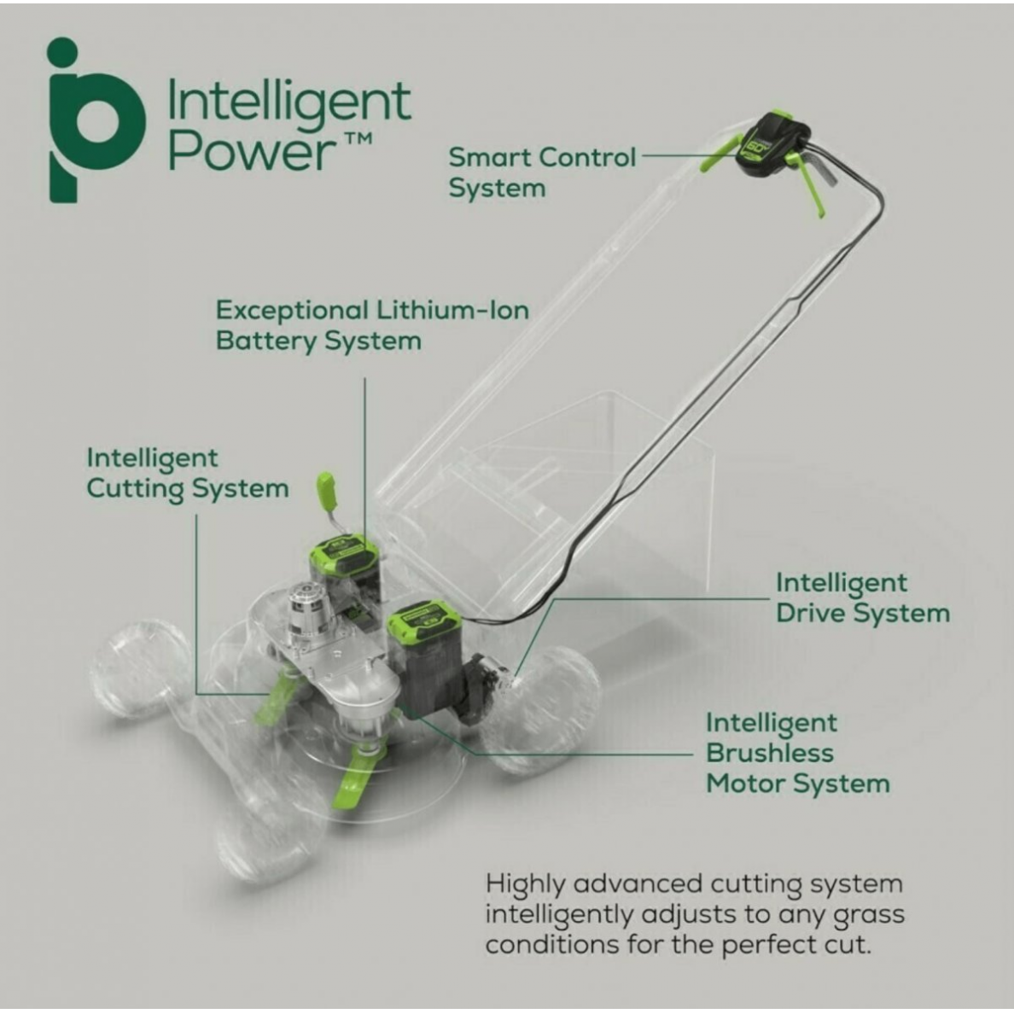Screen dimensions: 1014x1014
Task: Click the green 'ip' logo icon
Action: [x=96, y=120]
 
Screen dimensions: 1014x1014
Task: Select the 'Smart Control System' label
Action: [x=542, y=172]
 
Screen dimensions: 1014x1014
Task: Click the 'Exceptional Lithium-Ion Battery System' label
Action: [x=372, y=325]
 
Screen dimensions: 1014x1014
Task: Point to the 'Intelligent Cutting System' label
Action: [x=188, y=474]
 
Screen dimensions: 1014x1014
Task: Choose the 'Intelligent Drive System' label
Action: [x=863, y=598]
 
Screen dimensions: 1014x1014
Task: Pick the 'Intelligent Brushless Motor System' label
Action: [x=798, y=754]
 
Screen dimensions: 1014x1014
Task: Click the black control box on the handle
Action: [x=771, y=144]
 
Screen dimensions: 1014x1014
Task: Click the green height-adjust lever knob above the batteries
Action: [x=325, y=490]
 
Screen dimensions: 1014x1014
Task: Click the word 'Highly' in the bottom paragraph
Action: [x=524, y=885]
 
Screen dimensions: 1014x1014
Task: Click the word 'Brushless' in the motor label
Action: [x=770, y=754]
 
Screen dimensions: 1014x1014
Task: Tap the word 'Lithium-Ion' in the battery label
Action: [x=452, y=311]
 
